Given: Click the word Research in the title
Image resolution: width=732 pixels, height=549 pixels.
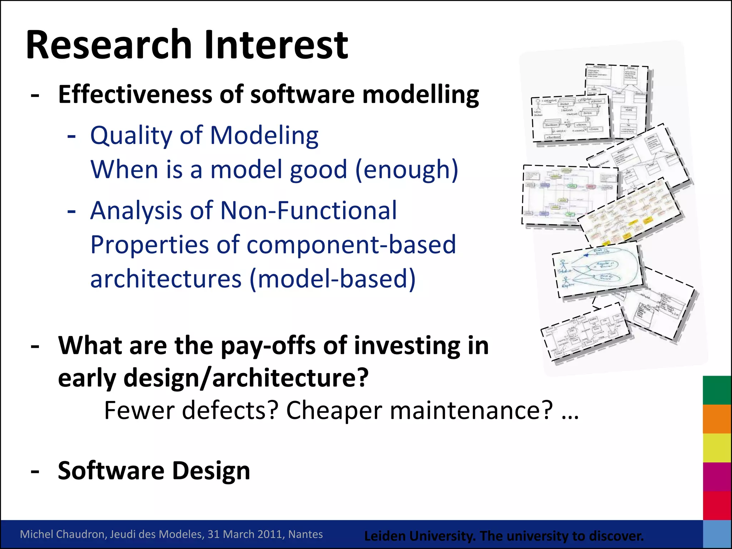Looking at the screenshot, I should (x=109, y=45).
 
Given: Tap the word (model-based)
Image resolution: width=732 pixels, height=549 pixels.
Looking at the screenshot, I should (x=332, y=279).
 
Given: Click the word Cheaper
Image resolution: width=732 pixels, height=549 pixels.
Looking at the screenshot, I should (x=334, y=410).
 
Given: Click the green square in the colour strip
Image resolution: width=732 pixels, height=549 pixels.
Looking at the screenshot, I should (x=717, y=390).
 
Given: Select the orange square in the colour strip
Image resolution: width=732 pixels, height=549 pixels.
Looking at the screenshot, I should (x=717, y=419).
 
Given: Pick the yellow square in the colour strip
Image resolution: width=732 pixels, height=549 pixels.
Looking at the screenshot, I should (x=717, y=448).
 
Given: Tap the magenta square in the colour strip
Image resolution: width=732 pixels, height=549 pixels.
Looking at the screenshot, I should (x=717, y=477).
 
